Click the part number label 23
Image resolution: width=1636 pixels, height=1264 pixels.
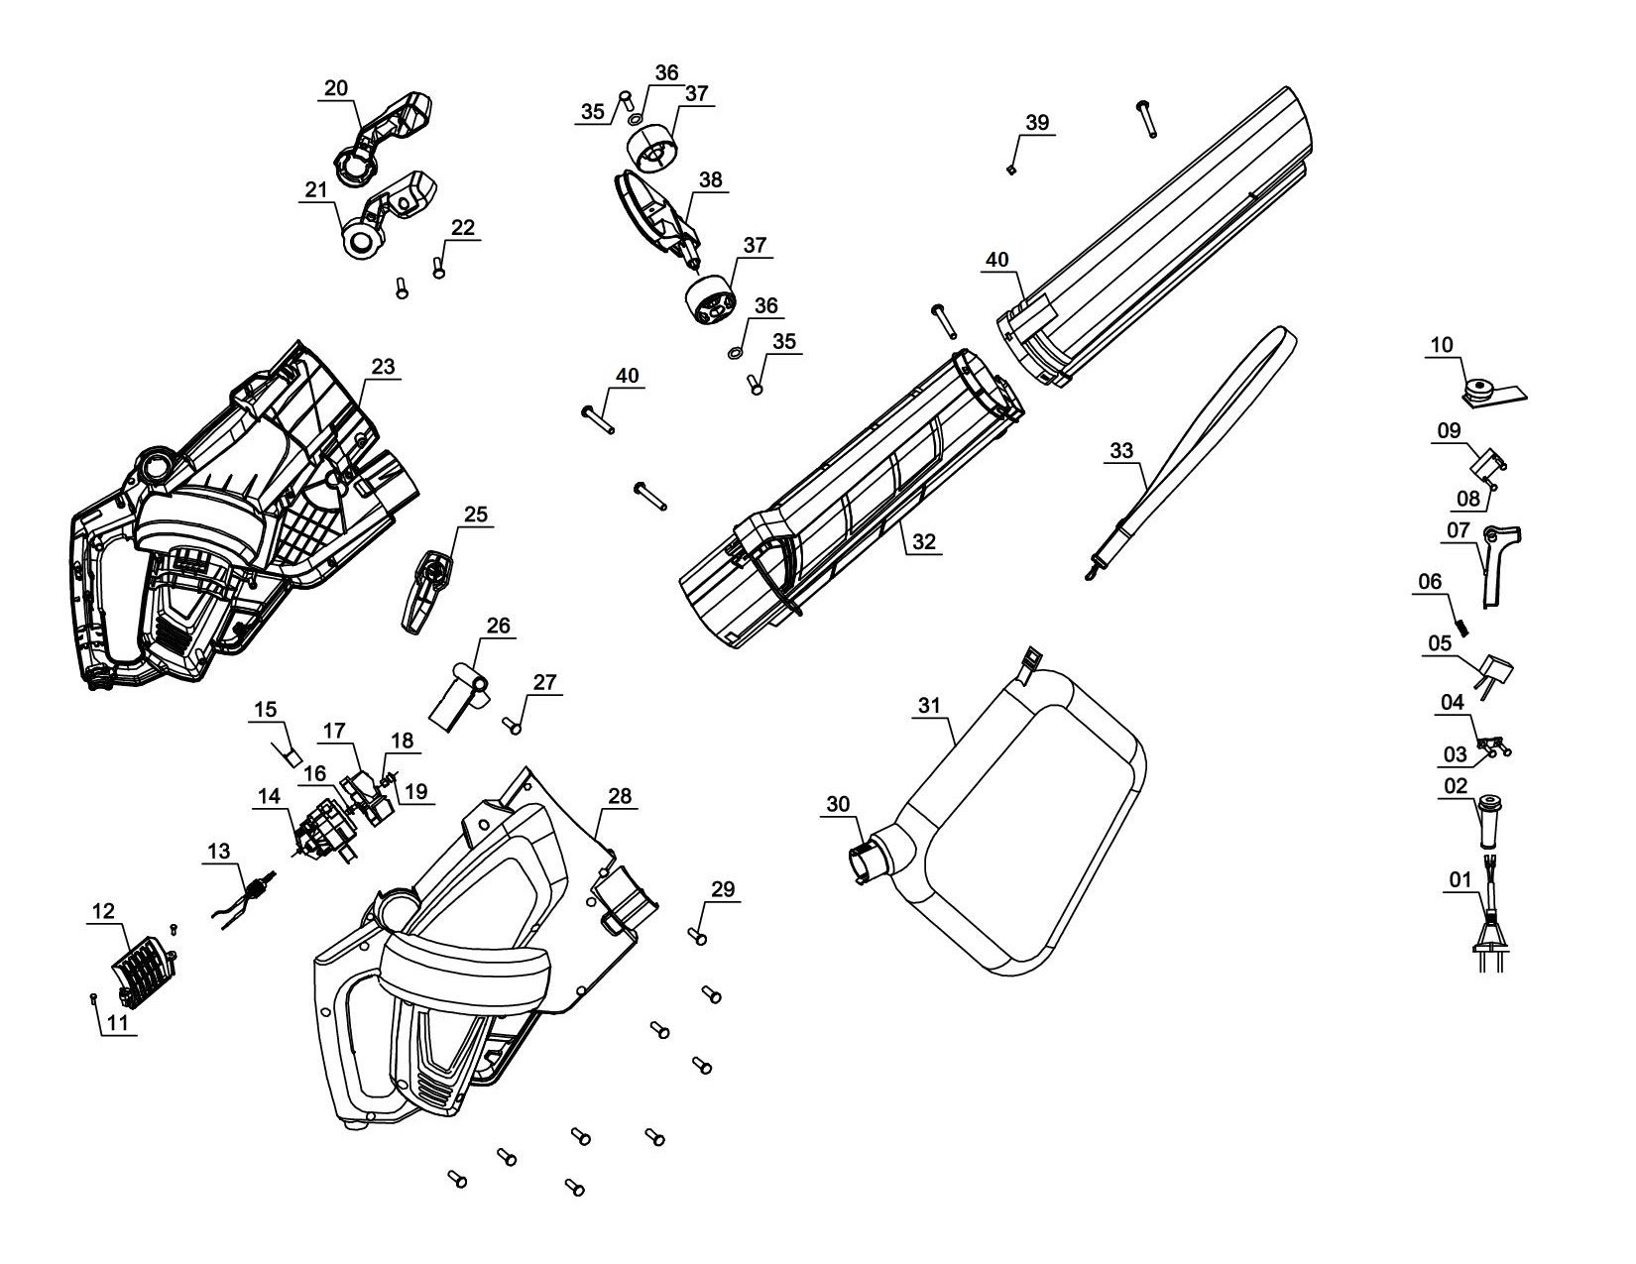[383, 366]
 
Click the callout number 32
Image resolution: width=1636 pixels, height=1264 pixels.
[923, 541]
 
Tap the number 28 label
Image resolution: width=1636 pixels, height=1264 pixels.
[619, 797]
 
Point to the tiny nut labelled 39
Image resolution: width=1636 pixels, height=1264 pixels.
[1010, 170]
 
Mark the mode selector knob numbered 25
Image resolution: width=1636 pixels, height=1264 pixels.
[426, 590]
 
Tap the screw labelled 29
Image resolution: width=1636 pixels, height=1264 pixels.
[697, 935]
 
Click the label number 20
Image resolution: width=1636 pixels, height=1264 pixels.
[336, 87]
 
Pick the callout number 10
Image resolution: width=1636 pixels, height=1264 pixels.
[1441, 345]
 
